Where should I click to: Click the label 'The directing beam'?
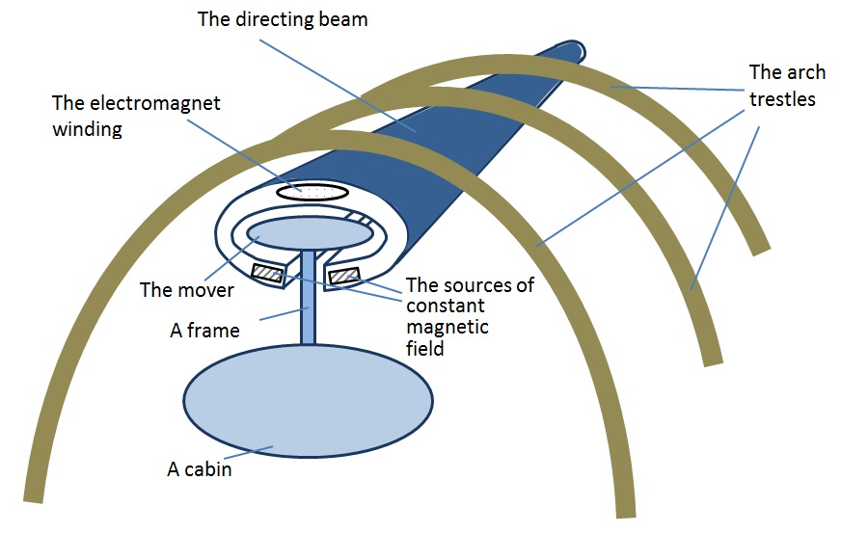pyautogui.click(x=282, y=18)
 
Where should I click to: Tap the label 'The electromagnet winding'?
pyautogui.click(x=136, y=115)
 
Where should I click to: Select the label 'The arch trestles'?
pyautogui.click(x=782, y=85)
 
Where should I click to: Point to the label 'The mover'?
pyautogui.click(x=180, y=289)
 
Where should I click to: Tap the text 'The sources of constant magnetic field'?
pyautogui.click(x=470, y=316)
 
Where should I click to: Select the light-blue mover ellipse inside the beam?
pyautogui.click(x=310, y=232)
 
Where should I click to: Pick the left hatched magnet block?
pyautogui.click(x=267, y=274)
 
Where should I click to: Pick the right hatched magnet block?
pyautogui.click(x=344, y=278)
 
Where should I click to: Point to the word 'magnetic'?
pyautogui.click(x=447, y=328)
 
